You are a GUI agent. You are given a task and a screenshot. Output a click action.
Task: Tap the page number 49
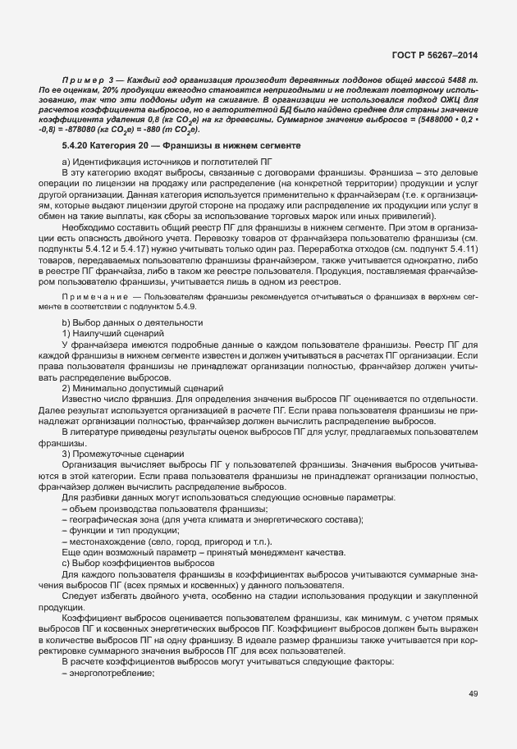tap(473, 694)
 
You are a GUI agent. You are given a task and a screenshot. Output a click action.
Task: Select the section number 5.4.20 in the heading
tap(76, 145)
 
